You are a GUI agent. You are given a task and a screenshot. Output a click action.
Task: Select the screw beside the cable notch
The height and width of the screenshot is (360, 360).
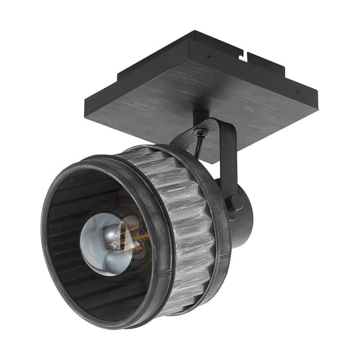coord(208,56)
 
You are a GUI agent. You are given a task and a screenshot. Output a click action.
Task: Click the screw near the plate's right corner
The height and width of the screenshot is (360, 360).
coord(298,91)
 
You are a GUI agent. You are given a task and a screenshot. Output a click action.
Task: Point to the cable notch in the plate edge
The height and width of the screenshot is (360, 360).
coord(245,54)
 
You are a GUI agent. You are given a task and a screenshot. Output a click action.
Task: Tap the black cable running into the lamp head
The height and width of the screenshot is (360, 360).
coord(198,147)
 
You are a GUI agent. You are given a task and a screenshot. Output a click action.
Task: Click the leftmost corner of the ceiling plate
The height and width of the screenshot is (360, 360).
coord(85,99)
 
